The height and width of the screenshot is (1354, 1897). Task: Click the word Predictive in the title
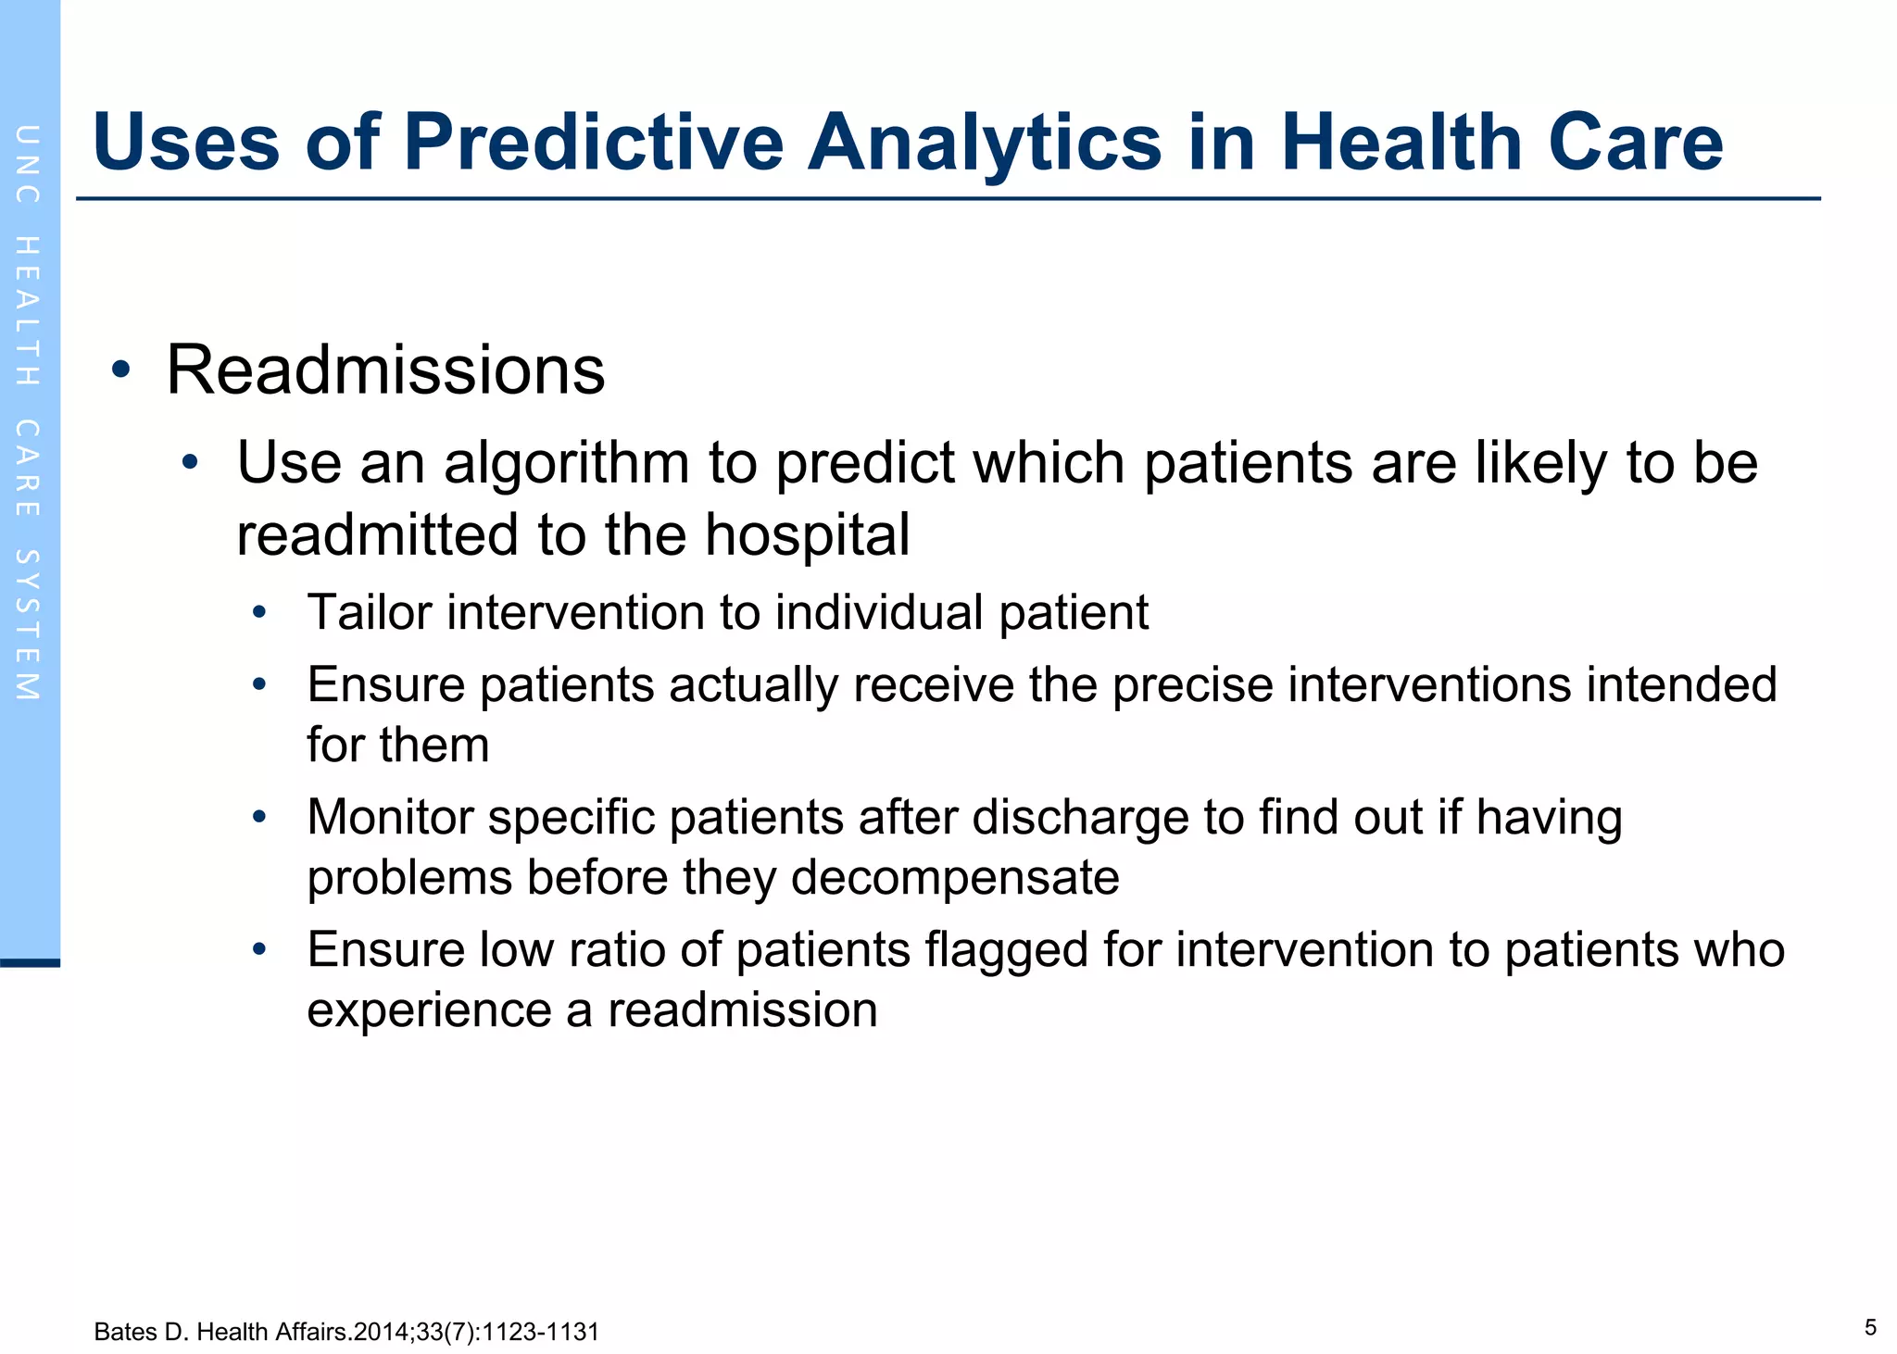pyautogui.click(x=593, y=144)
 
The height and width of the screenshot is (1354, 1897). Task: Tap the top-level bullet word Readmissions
pyautogui.click(x=385, y=370)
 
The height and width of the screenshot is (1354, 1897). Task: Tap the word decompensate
pyautogui.click(x=954, y=878)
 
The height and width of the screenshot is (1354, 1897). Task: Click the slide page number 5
pyautogui.click(x=1870, y=1328)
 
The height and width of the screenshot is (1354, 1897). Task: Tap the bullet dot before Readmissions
pyautogui.click(x=120, y=370)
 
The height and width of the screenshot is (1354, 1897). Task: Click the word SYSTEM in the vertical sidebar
pyautogui.click(x=28, y=625)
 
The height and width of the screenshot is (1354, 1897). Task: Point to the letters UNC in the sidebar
pyautogui.click(x=28, y=164)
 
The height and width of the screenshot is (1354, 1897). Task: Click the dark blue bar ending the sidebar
pyautogui.click(x=30, y=963)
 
